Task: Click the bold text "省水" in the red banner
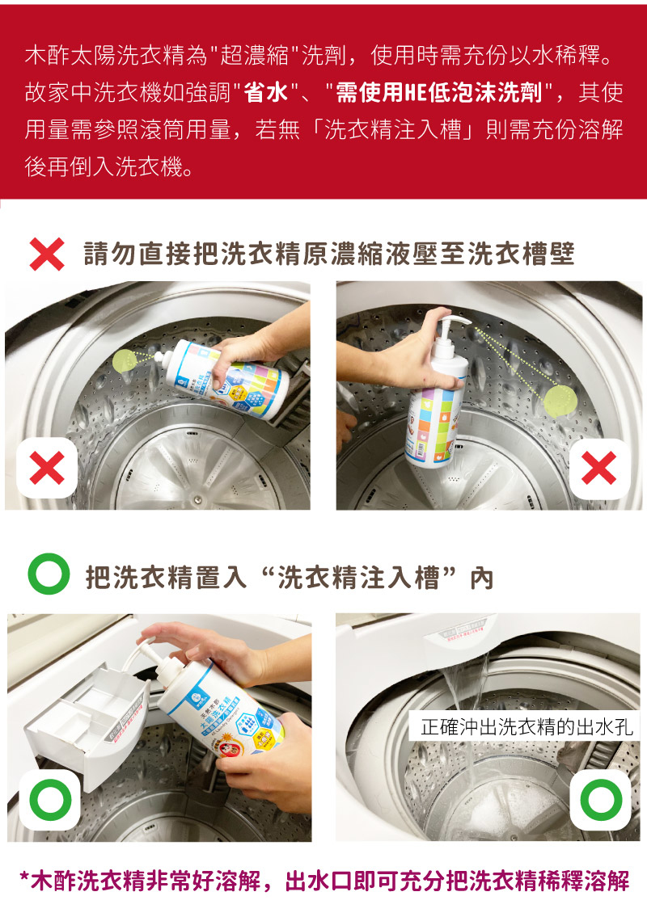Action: pos(265,92)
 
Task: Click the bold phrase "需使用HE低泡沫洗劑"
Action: pos(438,92)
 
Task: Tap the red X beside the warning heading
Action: pos(47,254)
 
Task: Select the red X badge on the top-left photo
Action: pos(47,468)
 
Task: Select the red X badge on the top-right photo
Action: pos(599,468)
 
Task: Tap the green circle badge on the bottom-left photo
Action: pos(50,800)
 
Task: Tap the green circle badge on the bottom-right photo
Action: pos(601,800)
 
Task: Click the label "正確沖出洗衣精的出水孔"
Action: pos(526,726)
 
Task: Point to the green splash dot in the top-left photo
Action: pos(124,360)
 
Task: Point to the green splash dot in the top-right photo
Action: pos(560,402)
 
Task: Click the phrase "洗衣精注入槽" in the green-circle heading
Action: pos(358,577)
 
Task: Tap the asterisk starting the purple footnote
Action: pos(23,877)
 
